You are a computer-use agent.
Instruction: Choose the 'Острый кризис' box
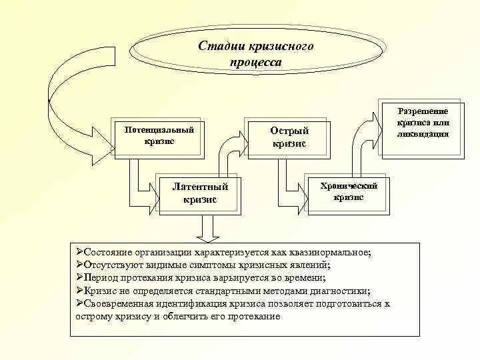[x=288, y=137]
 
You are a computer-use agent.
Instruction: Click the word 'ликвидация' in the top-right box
[x=423, y=133]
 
